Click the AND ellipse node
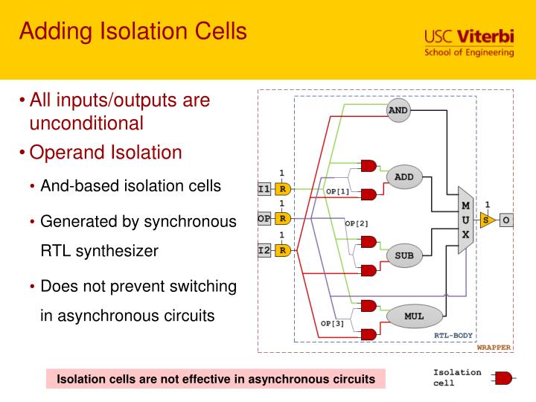[398, 110]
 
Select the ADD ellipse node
[403, 177]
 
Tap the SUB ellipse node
[403, 255]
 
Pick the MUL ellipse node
[414, 316]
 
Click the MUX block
[465, 220]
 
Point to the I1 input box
[264, 189]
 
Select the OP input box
[264, 219]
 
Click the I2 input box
[264, 250]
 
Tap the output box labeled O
[505, 220]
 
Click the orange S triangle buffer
[486, 220]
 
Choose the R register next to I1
[282, 189]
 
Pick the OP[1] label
[337, 191]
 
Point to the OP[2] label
[356, 223]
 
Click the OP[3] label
[333, 323]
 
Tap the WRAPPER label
[494, 347]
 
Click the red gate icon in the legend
[502, 379]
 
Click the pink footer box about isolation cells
[216, 379]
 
